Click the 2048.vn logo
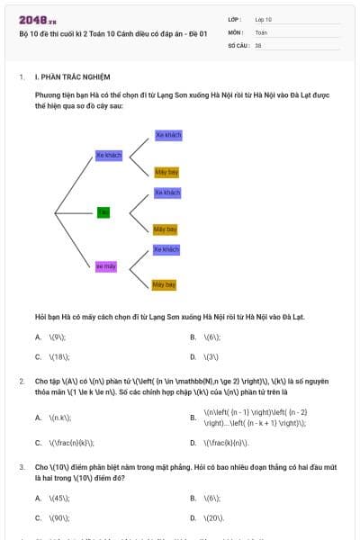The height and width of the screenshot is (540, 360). pos(38,19)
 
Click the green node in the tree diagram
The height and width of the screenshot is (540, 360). pos(103,212)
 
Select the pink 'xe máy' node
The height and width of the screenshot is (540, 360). pos(106,266)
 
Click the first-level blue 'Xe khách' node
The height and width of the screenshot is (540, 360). pos(109,155)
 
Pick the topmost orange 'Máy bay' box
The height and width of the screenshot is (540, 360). pos(166,172)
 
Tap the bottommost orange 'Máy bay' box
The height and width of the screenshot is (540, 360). pos(164,284)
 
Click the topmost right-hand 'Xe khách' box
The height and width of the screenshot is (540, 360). pos(168,135)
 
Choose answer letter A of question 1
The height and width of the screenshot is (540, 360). pos(39,337)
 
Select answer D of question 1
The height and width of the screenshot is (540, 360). pos(193,356)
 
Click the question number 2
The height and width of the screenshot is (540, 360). pos(22,382)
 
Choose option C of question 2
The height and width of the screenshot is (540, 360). pos(39,443)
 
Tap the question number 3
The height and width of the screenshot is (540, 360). pos(22,468)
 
